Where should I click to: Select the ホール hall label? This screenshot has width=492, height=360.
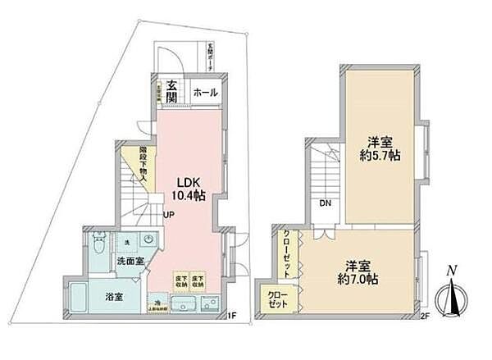point(205,93)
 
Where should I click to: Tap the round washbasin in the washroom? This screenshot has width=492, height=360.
point(148,241)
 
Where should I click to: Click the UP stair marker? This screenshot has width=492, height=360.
point(168,216)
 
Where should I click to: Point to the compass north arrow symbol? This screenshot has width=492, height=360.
point(449,296)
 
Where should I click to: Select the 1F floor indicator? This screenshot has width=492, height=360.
point(232,314)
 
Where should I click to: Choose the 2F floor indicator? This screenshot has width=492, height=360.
point(426,314)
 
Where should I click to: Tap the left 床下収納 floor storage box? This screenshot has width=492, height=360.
point(178,280)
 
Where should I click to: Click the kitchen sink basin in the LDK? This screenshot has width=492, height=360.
point(182,307)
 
